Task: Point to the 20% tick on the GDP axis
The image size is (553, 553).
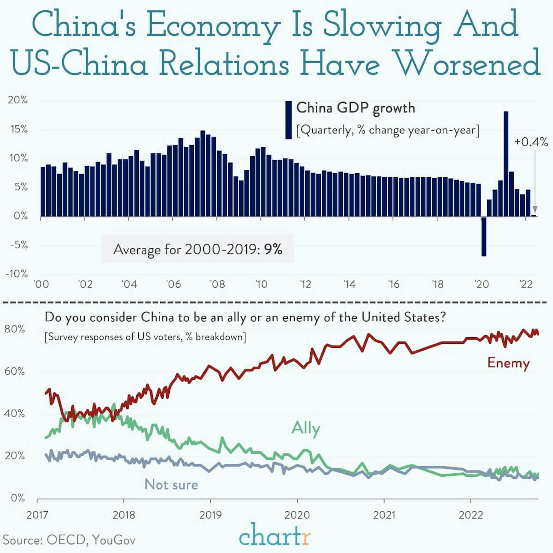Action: coord(18,100)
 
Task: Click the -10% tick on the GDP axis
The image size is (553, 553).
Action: coord(17,274)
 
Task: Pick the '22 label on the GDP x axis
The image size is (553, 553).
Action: coord(526,284)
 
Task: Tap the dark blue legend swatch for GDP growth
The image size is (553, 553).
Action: coord(288,120)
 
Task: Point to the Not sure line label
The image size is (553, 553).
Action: coord(171,485)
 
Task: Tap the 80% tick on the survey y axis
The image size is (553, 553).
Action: coord(14,329)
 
